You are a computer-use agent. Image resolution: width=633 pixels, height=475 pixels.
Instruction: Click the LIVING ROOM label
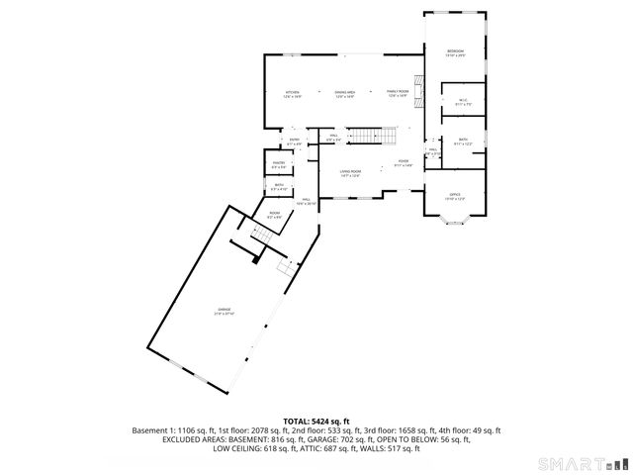pyautogui.click(x=350, y=173)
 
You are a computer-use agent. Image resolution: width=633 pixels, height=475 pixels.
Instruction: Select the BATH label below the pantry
pyautogui.click(x=279, y=186)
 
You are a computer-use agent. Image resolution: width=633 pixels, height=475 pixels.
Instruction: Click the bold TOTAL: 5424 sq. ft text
pyautogui.click(x=316, y=421)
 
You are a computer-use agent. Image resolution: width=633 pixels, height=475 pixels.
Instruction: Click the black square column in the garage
pyautogui.click(x=256, y=260)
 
